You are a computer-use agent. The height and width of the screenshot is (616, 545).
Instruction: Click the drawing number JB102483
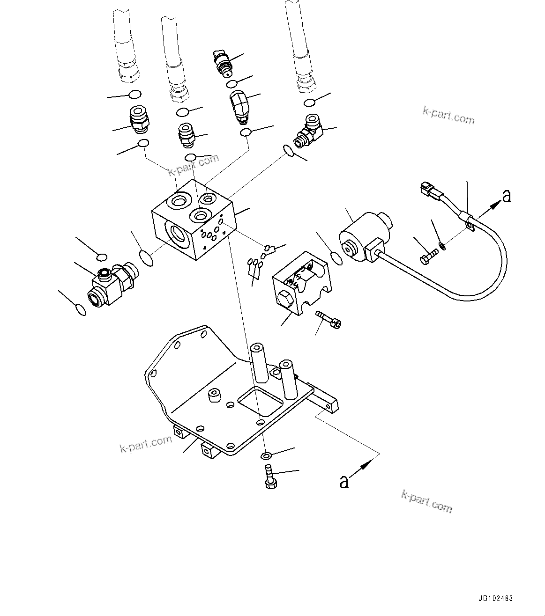(x=496, y=598)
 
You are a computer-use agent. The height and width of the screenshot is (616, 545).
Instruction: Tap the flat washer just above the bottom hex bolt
(x=266, y=455)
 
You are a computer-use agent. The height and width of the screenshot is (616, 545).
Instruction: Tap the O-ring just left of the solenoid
(x=336, y=257)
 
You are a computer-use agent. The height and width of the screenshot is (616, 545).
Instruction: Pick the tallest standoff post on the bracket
(x=258, y=361)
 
